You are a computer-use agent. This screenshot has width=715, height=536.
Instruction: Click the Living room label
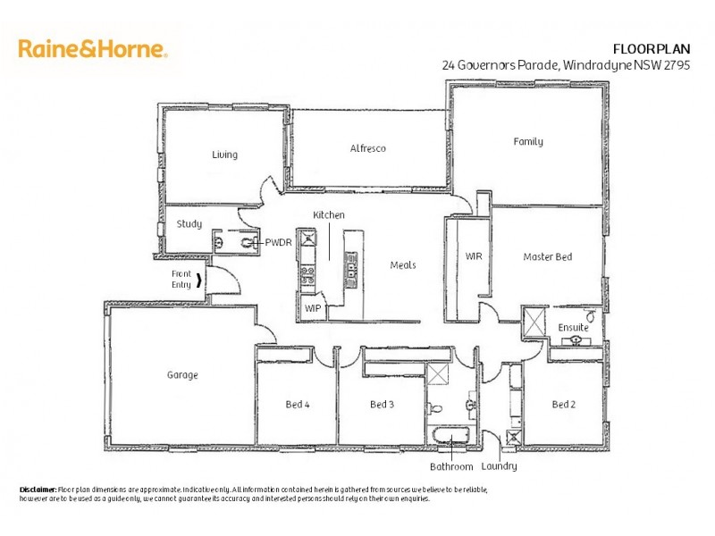point(224,155)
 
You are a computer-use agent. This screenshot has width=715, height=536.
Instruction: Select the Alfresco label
point(367,148)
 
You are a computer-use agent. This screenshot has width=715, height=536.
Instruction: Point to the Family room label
point(527,141)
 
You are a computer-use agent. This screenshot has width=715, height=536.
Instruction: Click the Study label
point(189,224)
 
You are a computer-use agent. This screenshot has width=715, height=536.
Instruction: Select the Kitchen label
point(328,215)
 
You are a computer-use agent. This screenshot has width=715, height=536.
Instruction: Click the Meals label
point(403,264)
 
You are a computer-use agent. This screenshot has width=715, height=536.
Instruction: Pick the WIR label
point(474,256)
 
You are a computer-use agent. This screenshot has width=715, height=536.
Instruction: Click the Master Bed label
point(547,257)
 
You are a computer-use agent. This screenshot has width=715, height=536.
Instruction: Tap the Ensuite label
point(573,328)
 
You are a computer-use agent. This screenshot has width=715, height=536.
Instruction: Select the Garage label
point(182,375)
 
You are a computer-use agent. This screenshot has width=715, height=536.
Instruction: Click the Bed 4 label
point(298,405)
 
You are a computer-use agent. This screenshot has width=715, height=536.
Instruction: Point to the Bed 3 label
point(383,405)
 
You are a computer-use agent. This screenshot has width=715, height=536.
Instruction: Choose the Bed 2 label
point(563,405)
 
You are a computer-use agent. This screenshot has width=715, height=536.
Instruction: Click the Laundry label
point(499,466)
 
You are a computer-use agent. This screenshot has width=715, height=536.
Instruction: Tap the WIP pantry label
point(313,308)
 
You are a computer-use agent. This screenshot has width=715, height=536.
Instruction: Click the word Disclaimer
point(38,490)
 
